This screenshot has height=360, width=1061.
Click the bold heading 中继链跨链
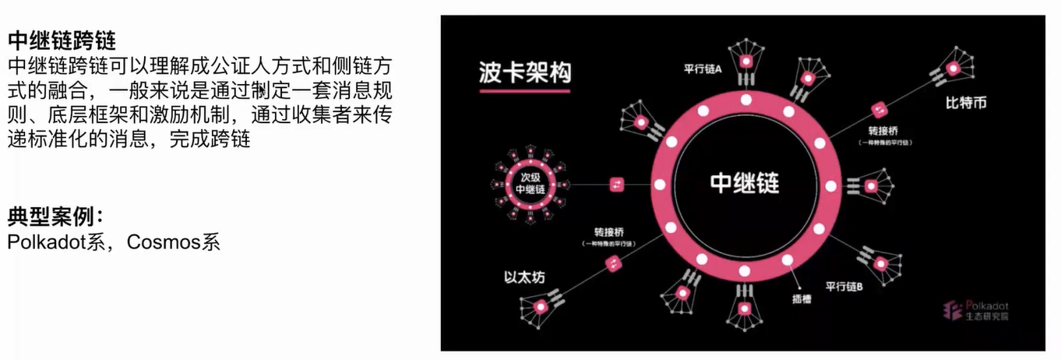pos(62,38)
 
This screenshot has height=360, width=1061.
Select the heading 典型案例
pos(55,216)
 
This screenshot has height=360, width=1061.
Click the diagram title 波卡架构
pos(525,73)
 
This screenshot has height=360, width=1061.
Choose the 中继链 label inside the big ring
pos(745,183)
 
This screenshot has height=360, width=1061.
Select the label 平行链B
pos(844,287)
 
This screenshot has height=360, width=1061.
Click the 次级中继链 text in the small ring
pos(530,184)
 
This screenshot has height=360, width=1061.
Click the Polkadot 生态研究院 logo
pos(976,310)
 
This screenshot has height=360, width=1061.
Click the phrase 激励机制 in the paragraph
pos(205,115)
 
